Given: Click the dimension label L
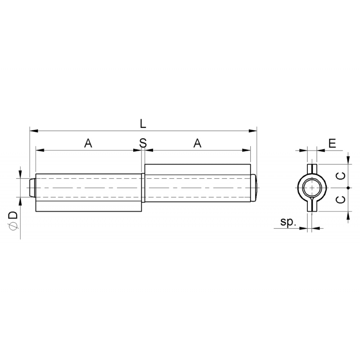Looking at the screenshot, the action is pyautogui.click(x=143, y=124).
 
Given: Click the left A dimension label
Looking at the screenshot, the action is pyautogui.click(x=88, y=143).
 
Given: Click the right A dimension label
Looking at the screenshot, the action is pyautogui.click(x=198, y=143).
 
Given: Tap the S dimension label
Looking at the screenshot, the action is pyautogui.click(x=143, y=143).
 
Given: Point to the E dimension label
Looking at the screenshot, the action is pyautogui.click(x=332, y=143).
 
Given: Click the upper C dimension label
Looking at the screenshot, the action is pyautogui.click(x=341, y=176).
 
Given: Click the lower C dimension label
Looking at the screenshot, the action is pyautogui.click(x=341, y=199).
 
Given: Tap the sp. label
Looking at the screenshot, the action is pyautogui.click(x=288, y=222).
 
